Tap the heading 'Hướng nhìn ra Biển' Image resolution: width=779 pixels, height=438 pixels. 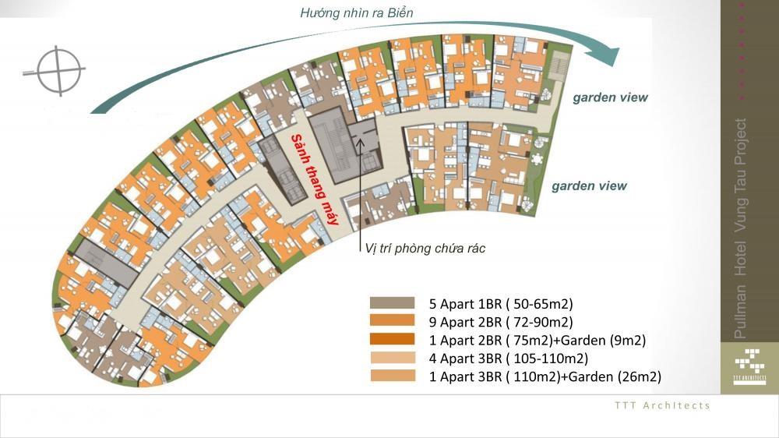point(356,12)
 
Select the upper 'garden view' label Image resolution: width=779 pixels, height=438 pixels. point(610,97)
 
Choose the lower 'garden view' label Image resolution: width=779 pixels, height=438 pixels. point(589,186)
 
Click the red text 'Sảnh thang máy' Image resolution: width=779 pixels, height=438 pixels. point(315,179)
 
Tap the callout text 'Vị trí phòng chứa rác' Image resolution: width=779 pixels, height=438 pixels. point(425,248)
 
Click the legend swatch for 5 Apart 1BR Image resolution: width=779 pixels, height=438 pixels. point(392,302)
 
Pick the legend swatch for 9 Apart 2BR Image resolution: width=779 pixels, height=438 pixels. point(392,321)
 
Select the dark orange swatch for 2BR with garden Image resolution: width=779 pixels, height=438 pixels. point(392,340)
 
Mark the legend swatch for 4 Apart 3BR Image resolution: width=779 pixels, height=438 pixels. point(392,358)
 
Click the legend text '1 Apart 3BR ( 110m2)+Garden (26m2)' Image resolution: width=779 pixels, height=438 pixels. point(545,377)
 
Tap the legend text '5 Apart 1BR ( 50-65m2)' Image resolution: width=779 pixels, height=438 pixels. point(501,304)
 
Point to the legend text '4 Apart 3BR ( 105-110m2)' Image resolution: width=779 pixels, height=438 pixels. point(508,359)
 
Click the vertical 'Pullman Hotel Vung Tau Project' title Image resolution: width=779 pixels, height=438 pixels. point(740,228)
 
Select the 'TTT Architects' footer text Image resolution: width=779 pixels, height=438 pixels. point(662,406)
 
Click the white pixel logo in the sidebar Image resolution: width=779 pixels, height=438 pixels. point(749,366)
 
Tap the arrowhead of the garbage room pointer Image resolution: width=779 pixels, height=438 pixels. point(360,142)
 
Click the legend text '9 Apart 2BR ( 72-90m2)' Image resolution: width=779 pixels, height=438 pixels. point(501,322)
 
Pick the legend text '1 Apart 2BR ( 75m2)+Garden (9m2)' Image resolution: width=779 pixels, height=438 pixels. point(537,341)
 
